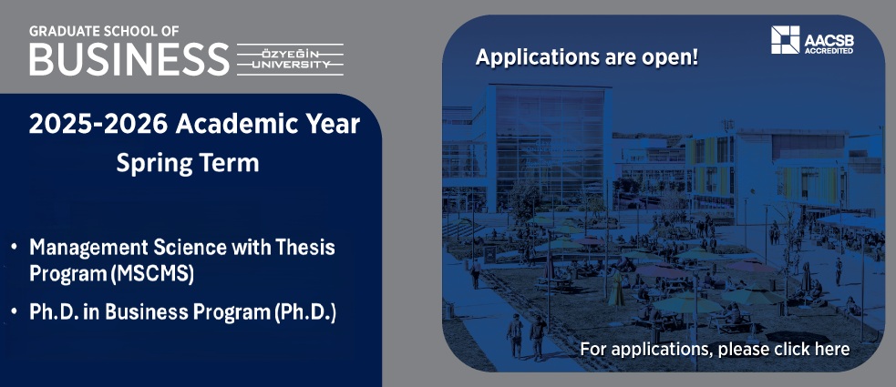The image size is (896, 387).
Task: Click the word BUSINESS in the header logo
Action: point(129,59)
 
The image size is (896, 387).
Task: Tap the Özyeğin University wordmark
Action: point(290,59)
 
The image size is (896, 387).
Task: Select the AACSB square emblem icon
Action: point(785,40)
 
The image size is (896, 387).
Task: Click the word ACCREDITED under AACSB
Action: point(829,51)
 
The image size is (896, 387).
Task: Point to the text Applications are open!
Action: point(587,57)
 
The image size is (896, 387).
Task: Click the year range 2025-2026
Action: point(98,124)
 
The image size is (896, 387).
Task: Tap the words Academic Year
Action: point(268,124)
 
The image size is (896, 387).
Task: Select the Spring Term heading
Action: point(188,164)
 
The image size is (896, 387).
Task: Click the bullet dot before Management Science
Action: point(14,248)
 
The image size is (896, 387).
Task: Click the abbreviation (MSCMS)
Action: point(152,275)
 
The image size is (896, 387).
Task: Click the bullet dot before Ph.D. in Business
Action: point(14,312)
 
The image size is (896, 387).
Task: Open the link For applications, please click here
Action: point(715,349)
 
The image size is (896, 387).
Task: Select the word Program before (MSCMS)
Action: point(68,275)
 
